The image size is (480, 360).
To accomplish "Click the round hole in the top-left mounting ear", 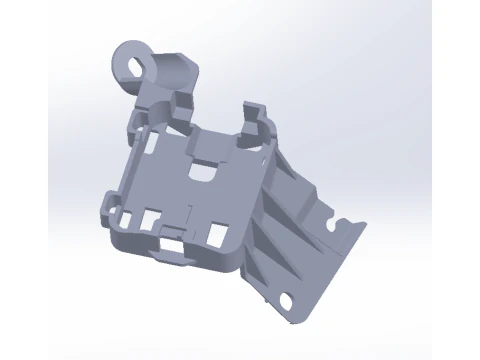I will coord(134,66).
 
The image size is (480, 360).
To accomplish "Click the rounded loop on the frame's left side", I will coord(109,210).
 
